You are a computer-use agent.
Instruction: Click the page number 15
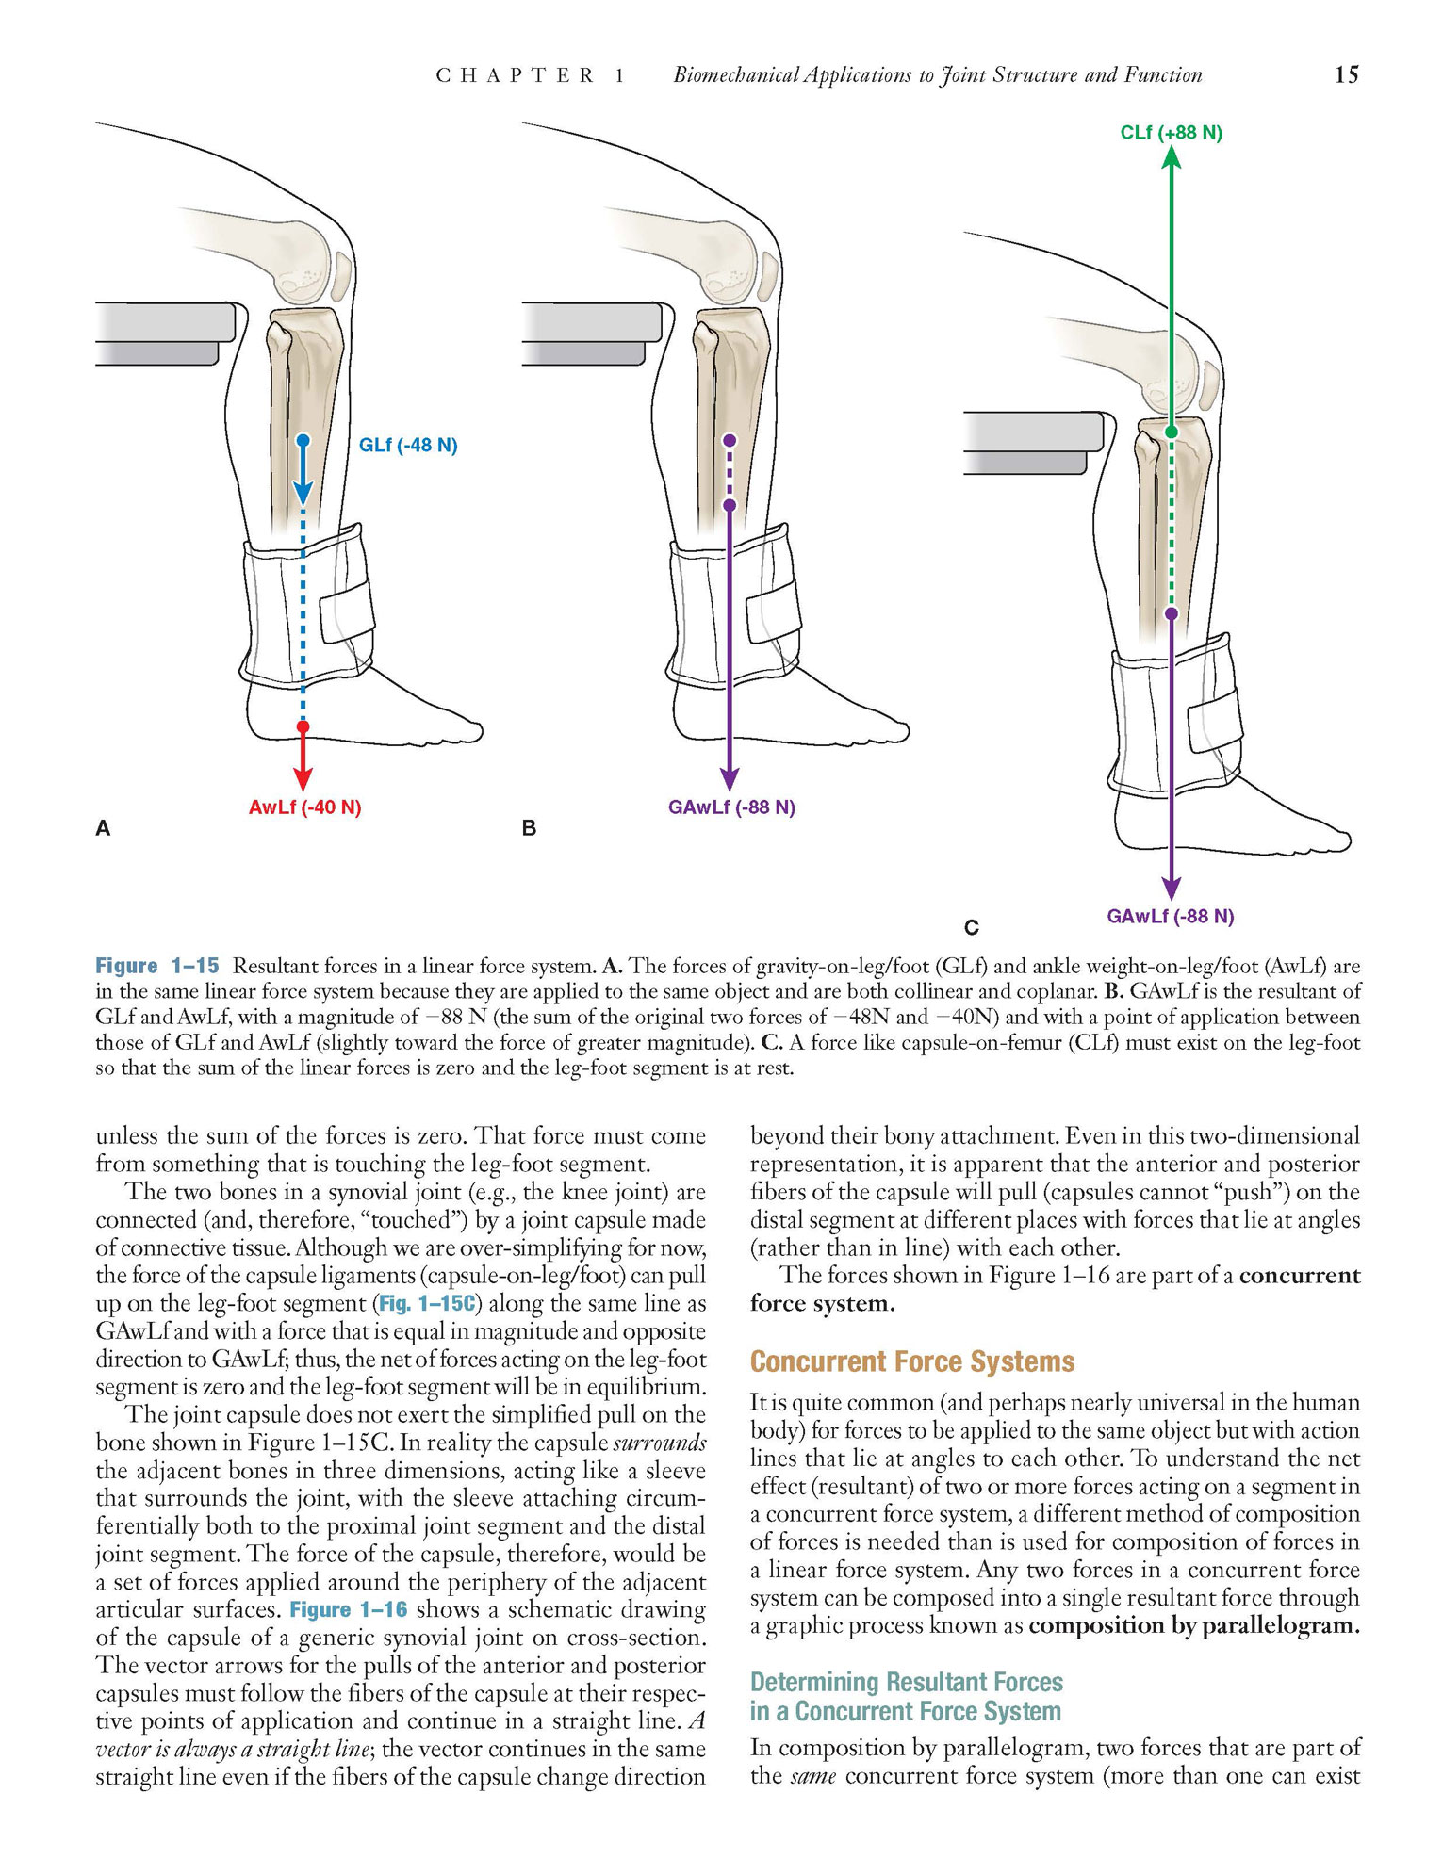pos(1346,75)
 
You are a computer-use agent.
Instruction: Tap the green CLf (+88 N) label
pos(1171,133)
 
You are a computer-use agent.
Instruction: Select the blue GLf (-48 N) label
pos(408,445)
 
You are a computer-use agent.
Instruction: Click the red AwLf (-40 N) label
pos(305,807)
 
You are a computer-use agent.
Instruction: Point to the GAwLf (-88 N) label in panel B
pos(731,807)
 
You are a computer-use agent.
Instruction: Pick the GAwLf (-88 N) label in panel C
pos(1171,916)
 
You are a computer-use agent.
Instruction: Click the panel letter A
pos(103,828)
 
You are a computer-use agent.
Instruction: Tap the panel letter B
pos(529,828)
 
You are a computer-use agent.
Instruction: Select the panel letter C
pos(972,928)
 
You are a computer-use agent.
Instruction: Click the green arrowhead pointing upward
pos(1171,156)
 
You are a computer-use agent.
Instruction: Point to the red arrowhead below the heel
pos(303,778)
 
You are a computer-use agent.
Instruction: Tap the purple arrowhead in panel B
pos(730,778)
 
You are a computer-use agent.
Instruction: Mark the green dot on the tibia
pos(1171,432)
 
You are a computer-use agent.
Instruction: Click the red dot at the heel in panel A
pos(303,726)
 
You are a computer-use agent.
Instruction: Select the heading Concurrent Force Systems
pos(912,1361)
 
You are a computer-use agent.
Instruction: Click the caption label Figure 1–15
pos(156,966)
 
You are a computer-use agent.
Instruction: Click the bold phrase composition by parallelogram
pos(1194,1626)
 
